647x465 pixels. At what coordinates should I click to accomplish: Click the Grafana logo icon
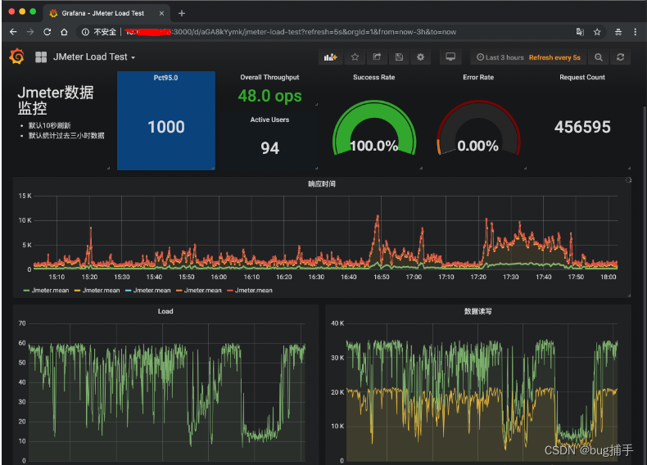16,56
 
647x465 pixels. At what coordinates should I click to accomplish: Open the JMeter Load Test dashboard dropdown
93,57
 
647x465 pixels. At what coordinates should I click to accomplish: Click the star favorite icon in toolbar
355,57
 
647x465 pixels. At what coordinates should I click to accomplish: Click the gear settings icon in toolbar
420,57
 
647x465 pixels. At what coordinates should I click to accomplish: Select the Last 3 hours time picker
500,57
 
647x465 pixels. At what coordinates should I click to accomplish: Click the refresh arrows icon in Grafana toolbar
621,57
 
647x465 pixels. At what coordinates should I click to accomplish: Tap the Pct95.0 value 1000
166,127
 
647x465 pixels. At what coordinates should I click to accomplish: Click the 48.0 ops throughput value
269,96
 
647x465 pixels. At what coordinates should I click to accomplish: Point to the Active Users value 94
269,147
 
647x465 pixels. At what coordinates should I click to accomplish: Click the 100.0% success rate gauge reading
373,146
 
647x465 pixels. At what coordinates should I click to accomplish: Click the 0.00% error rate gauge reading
478,146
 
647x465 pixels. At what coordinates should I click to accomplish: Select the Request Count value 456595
582,127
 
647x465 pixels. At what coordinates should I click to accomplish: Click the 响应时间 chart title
322,183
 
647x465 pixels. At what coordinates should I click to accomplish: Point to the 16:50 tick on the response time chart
382,277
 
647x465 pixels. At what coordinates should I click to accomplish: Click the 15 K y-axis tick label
25,196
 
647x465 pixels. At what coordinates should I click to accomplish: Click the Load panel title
165,311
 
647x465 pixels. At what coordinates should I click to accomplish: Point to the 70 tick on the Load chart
22,324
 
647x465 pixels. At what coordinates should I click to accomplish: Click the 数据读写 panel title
477,311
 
